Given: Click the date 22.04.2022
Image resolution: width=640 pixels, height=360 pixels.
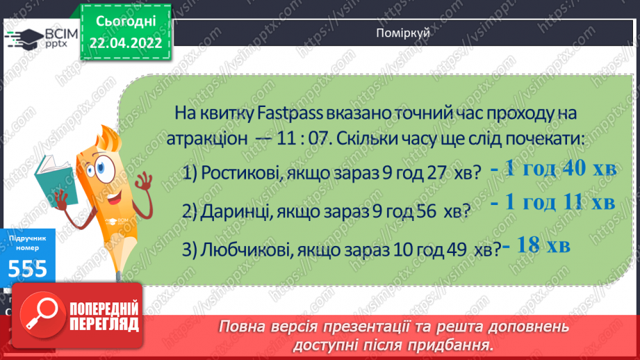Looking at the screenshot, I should (x=126, y=42).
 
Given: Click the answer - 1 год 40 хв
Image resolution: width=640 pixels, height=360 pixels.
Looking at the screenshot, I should (x=552, y=170).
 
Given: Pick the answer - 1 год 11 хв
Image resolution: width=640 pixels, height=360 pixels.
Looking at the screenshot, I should (x=552, y=202).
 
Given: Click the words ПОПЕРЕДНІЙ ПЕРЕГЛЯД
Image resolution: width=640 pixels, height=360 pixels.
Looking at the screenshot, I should (x=104, y=316).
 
